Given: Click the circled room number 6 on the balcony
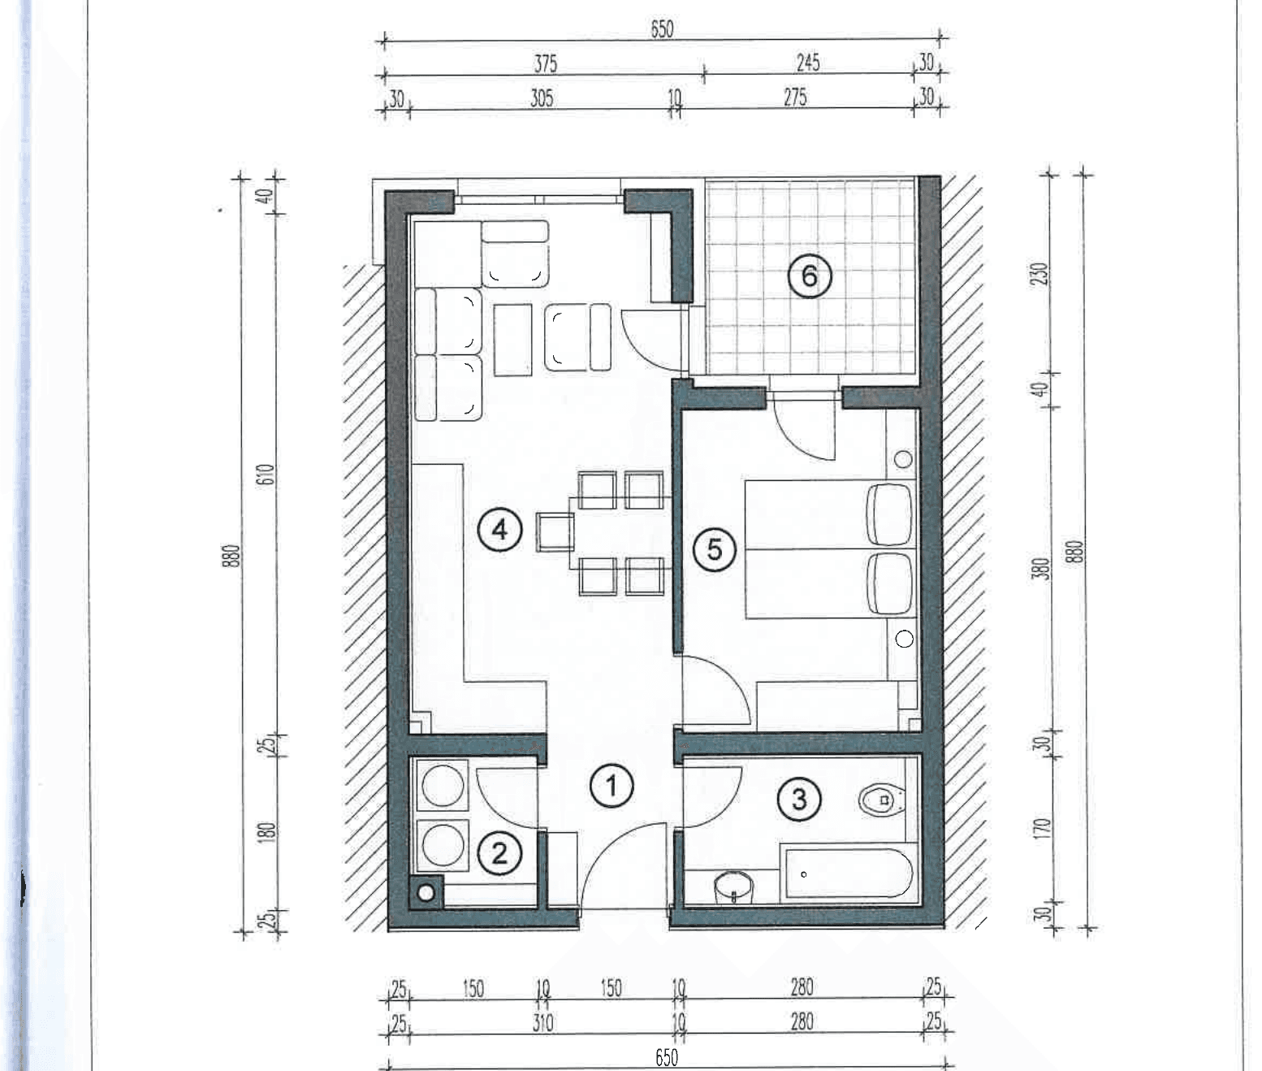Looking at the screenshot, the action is pos(809,275).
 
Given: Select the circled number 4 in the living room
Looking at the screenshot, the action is pos(499,530).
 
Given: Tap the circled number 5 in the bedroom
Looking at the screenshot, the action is pos(715,549).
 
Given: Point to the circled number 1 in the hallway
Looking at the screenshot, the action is pos(612,787).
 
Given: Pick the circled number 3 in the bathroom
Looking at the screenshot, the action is pos(799,799).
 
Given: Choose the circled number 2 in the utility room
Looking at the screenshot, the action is pos(499,853).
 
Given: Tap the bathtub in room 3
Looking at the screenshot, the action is pos(849,874).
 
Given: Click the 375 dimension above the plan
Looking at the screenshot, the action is pos(545,63).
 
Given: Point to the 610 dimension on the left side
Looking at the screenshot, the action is pos(267,475).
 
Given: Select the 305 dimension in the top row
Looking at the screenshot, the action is pos(542,98).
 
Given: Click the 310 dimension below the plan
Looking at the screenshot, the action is pos(542,1022).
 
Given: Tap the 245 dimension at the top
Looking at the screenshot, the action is pos(808,63).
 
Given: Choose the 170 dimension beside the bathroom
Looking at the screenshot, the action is pos(1042,828).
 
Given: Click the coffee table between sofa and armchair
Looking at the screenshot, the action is pos(513,340).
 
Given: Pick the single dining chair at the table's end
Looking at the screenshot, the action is pos(555,532).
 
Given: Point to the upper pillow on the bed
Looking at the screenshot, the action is pos(889,514).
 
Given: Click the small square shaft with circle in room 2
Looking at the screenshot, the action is pos(426,892).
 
